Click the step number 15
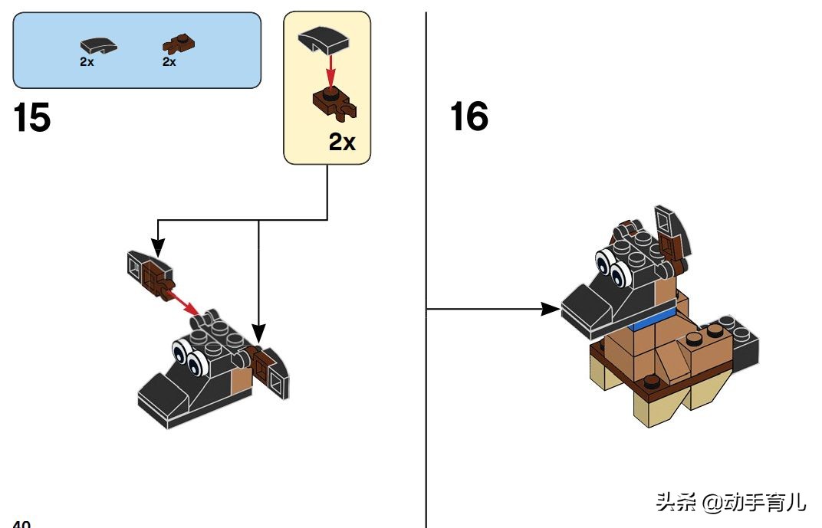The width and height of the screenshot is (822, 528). [x=32, y=119]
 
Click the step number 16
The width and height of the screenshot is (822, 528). [x=469, y=117]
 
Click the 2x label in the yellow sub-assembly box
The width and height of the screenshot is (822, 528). [x=342, y=142]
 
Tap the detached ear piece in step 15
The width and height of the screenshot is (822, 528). [x=149, y=272]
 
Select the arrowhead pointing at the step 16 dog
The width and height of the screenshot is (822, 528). [x=551, y=309]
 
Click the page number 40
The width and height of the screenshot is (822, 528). [x=21, y=524]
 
